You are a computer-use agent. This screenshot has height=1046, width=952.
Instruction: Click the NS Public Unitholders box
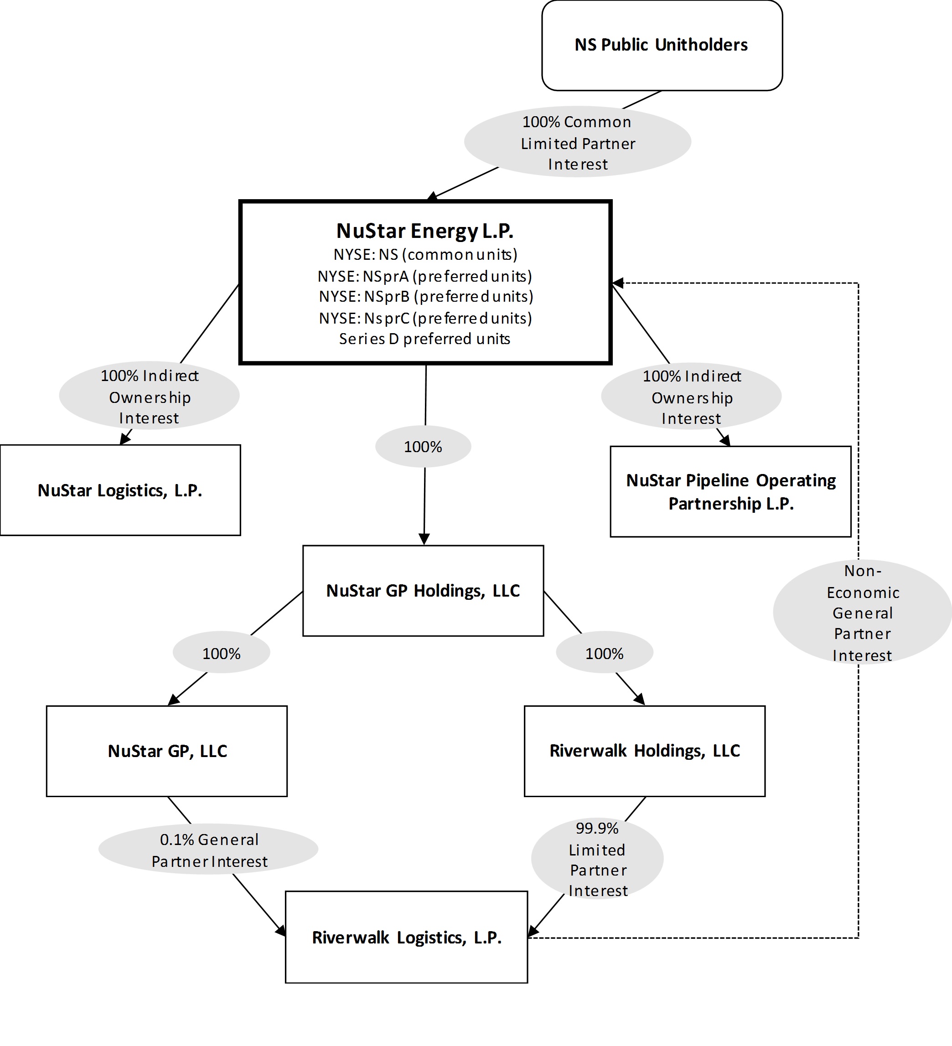662,45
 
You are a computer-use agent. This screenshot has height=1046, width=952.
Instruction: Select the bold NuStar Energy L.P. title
424,231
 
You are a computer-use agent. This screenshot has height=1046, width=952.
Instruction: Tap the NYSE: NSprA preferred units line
424,276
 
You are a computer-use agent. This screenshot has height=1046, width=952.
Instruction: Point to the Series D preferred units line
424,339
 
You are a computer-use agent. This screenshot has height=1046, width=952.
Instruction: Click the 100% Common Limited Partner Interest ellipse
577,142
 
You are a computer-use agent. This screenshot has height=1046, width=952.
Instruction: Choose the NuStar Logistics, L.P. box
120,490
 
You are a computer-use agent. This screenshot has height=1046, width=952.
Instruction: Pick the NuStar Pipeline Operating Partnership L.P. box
730,491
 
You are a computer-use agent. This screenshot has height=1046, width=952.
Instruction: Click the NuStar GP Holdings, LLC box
423,590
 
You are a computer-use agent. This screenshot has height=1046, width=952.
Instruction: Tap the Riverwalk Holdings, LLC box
644,751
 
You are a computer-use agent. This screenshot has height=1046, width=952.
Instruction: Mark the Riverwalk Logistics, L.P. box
406,937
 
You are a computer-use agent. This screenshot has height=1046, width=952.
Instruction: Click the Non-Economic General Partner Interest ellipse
862,612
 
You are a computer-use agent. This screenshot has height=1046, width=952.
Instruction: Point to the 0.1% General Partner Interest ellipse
208,850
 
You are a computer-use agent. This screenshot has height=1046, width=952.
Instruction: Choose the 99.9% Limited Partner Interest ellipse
597,859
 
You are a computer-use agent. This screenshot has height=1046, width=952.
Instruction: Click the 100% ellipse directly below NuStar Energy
423,447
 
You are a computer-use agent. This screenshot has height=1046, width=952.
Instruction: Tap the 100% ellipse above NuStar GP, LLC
221,653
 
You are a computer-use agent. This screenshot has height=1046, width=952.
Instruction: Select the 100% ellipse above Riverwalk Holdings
604,653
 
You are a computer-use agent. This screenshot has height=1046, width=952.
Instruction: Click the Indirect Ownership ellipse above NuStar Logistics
149,397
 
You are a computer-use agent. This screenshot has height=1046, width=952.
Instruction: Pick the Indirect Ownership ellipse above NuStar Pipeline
691,397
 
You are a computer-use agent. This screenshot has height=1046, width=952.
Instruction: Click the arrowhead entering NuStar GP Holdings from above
424,540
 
